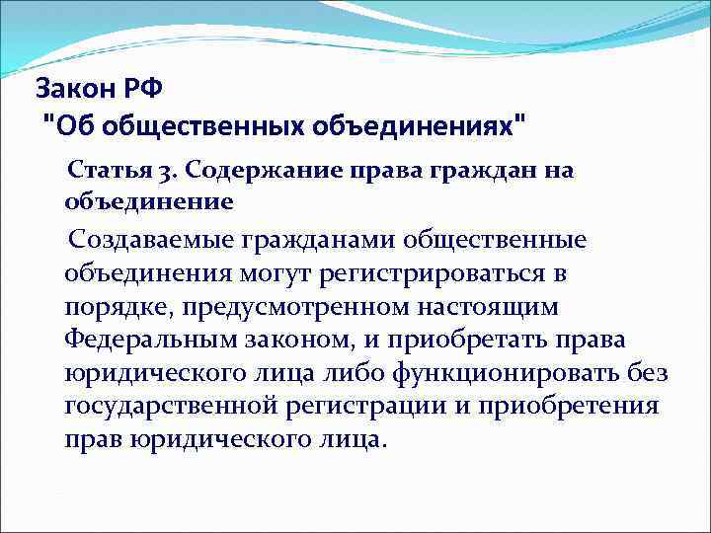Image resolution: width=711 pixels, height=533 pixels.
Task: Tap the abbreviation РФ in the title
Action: pyautogui.click(x=143, y=90)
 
